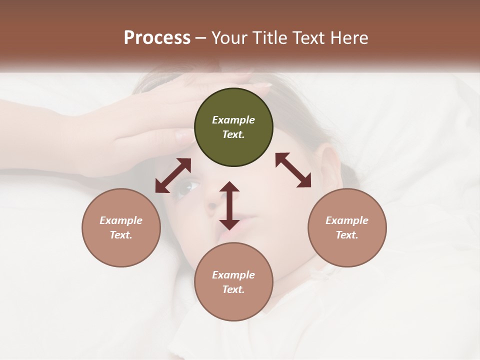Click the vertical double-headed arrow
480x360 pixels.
229,205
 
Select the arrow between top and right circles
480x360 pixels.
293,170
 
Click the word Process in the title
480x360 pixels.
157,37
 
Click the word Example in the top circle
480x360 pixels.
233,120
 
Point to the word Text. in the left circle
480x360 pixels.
121,235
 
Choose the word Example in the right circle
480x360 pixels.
347,220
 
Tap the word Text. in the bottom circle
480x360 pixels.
233,289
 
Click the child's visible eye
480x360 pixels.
188,187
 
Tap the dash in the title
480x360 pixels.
201,37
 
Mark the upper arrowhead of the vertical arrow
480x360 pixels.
229,186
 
